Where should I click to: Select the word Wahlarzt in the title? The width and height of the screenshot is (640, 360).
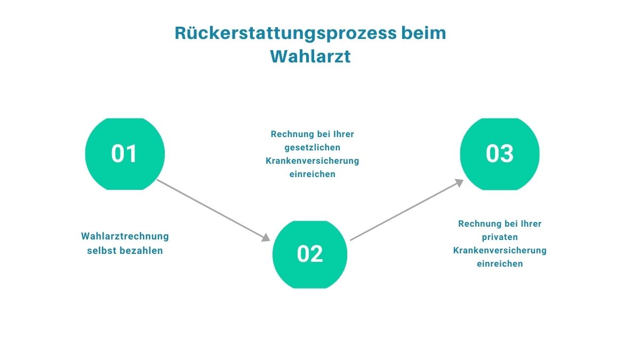pyautogui.click(x=310, y=56)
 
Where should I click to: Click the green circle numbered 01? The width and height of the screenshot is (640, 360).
pyautogui.click(x=125, y=154)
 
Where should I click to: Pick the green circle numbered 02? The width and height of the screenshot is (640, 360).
pyautogui.click(x=310, y=254)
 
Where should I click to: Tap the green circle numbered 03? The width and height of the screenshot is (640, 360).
pyautogui.click(x=500, y=154)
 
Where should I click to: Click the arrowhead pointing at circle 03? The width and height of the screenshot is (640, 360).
pyautogui.click(x=458, y=183)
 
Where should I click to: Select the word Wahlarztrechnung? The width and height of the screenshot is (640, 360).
pyautogui.click(x=125, y=236)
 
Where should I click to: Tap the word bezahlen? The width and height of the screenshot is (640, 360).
pyautogui.click(x=141, y=250)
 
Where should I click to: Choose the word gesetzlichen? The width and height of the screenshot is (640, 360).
pyautogui.click(x=313, y=147)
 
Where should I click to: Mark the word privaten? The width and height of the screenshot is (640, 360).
pyautogui.click(x=500, y=237)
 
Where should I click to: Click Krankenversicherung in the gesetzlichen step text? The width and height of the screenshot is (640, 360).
pyautogui.click(x=313, y=161)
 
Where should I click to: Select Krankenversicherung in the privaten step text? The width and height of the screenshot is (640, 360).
pyautogui.click(x=500, y=250)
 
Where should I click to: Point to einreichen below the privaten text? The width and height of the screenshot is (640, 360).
pyautogui.click(x=500, y=263)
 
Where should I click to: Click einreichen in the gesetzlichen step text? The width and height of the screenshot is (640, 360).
pyautogui.click(x=313, y=174)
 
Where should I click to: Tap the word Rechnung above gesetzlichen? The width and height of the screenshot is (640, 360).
pyautogui.click(x=290, y=134)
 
